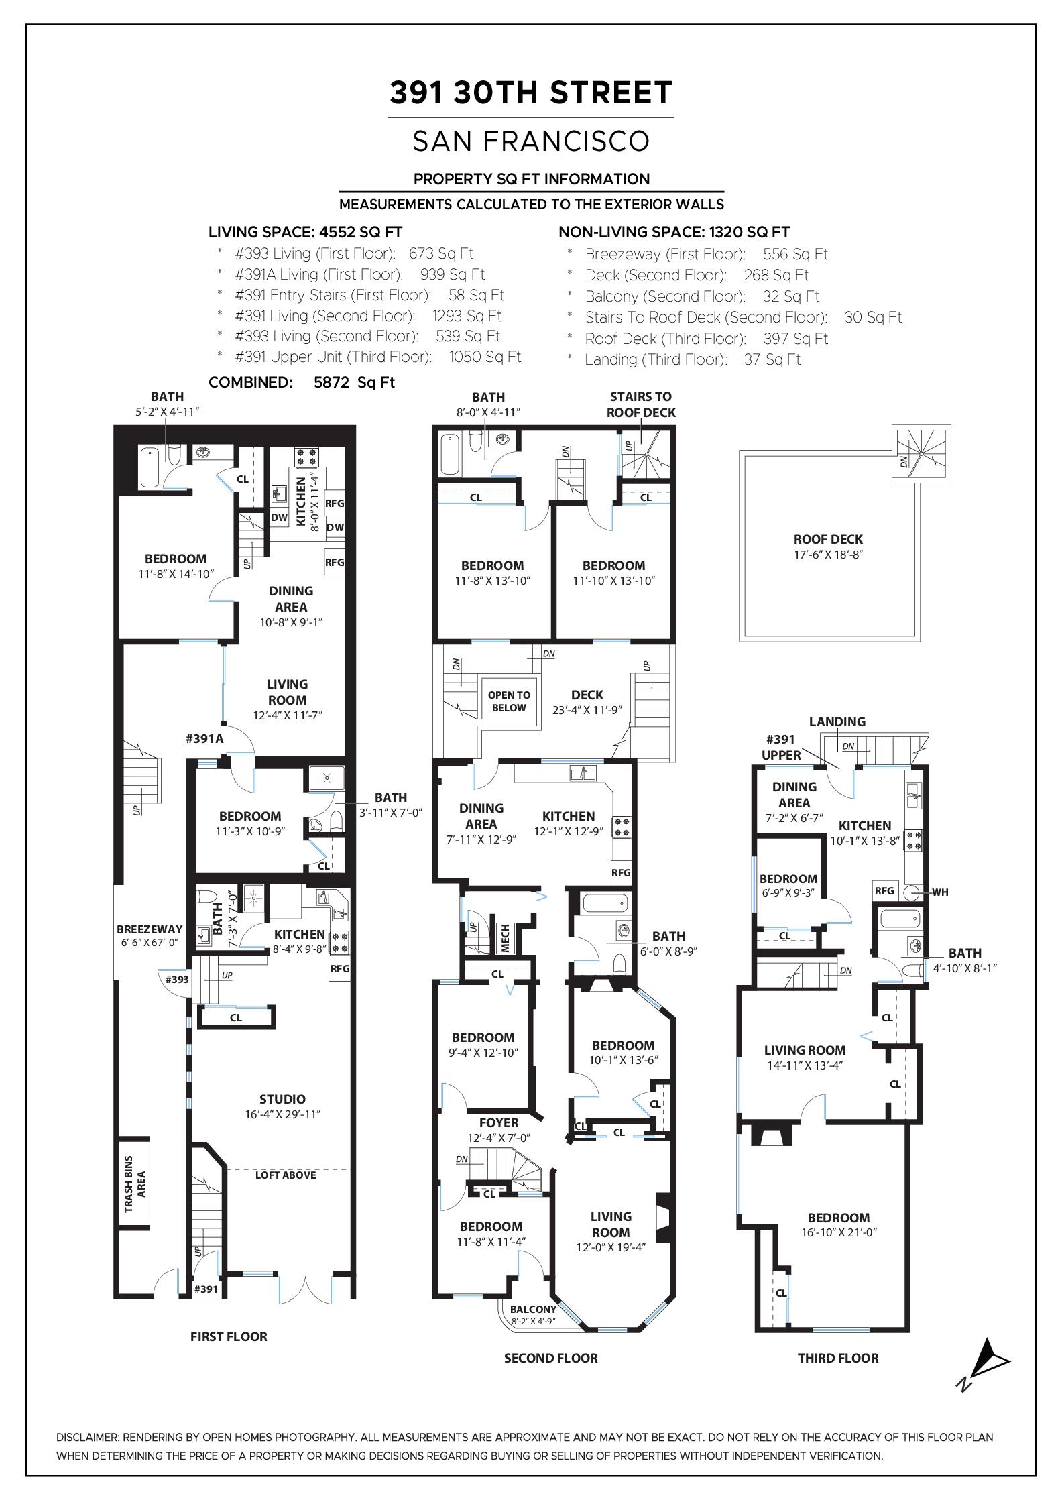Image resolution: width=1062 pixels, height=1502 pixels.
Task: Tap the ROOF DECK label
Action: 828,539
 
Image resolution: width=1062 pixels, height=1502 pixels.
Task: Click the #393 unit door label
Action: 176,979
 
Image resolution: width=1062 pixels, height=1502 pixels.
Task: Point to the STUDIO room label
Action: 282,1099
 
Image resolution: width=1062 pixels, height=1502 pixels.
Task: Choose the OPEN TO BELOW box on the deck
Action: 509,701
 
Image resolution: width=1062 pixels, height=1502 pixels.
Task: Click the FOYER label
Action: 499,1122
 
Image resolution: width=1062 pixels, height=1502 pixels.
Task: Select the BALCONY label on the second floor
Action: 533,1309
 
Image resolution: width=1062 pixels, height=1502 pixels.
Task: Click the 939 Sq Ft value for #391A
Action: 453,274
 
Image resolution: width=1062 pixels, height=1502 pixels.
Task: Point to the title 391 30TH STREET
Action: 531,93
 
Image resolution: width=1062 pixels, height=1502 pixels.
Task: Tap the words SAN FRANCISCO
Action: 531,141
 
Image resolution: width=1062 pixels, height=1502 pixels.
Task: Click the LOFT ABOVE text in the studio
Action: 286,1175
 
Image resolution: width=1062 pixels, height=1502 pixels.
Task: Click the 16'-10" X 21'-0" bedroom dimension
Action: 839,1232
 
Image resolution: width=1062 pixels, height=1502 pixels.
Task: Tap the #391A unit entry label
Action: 204,739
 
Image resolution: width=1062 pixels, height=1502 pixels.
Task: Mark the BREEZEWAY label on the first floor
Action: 150,929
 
